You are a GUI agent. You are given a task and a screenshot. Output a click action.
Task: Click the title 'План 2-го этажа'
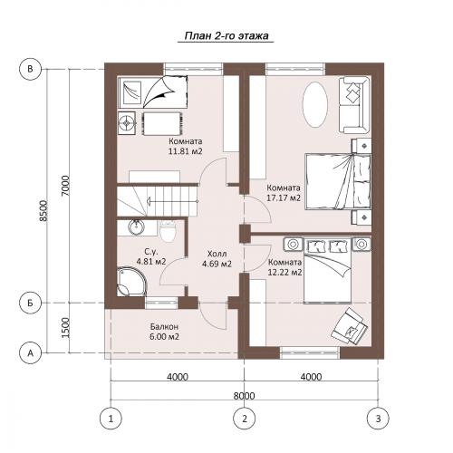(x=226, y=36)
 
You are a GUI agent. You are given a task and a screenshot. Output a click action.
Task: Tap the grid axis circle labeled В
(x=30, y=69)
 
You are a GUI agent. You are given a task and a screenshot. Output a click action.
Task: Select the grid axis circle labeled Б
(x=30, y=303)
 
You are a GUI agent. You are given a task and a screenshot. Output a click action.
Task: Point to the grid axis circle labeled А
(x=30, y=352)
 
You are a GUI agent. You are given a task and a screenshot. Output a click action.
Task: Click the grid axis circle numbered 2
(x=245, y=419)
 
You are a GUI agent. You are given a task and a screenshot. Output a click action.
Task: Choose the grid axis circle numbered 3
(x=378, y=419)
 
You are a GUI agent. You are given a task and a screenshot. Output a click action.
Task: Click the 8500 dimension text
(x=43, y=211)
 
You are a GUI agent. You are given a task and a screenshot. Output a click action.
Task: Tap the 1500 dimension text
(x=65, y=328)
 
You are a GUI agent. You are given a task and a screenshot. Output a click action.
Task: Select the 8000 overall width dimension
(x=244, y=395)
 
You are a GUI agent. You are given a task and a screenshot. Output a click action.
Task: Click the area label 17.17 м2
(x=284, y=198)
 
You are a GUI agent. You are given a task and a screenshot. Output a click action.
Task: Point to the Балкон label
(x=164, y=326)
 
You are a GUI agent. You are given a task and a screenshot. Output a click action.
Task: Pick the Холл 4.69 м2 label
(x=217, y=259)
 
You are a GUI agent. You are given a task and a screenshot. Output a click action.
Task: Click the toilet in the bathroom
(x=167, y=231)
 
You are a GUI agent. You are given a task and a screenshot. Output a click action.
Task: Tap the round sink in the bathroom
(x=136, y=227)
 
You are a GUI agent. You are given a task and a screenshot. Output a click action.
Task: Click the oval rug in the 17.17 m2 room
(x=315, y=104)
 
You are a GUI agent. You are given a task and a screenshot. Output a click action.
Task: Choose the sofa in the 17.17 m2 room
(x=354, y=105)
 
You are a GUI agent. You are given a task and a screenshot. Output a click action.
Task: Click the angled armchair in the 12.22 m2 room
(x=349, y=326)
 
